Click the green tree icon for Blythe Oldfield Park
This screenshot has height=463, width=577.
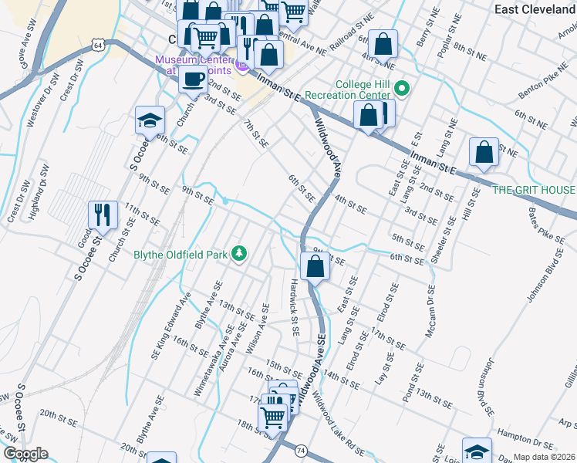[x=240, y=254]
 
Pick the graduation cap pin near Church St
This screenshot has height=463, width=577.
[x=150, y=120]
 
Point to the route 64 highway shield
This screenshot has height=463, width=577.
[x=99, y=46]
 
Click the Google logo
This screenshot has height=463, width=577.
[x=25, y=454]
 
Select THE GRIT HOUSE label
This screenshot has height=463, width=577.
[x=534, y=190]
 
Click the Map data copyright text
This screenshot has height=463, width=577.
[x=545, y=457]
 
